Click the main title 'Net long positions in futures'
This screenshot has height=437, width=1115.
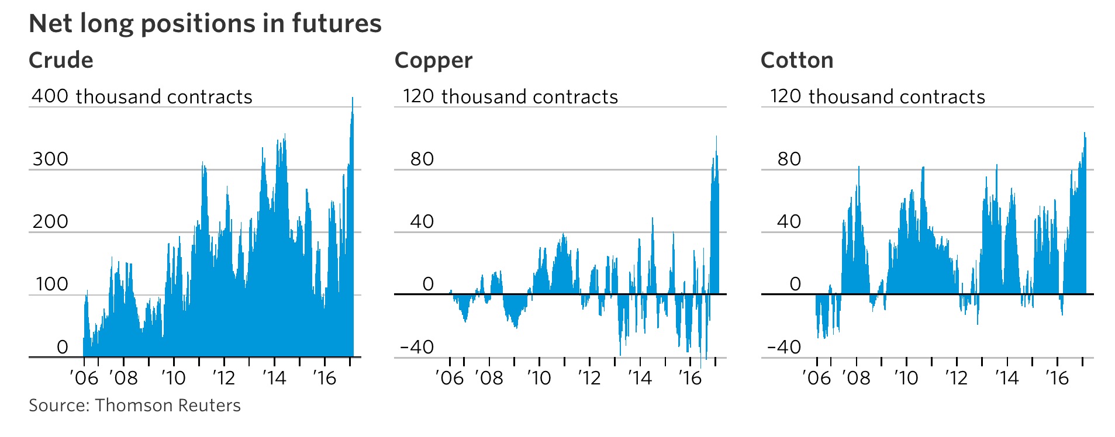(x=205, y=24)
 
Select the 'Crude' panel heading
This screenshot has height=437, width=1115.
(x=61, y=60)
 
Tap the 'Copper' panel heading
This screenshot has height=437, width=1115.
(x=433, y=61)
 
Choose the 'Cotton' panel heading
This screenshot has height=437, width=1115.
(x=796, y=60)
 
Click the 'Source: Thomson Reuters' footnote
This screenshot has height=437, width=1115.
(x=134, y=405)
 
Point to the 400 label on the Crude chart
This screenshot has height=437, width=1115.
(x=50, y=96)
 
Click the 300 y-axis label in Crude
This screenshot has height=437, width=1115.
(x=50, y=159)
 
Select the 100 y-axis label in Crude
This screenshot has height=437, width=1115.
(x=51, y=285)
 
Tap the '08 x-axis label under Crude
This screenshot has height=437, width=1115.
(x=123, y=378)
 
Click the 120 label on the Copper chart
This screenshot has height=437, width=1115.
(x=418, y=96)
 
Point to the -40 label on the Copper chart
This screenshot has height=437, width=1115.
(x=417, y=347)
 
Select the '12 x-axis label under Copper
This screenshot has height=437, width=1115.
(x=589, y=378)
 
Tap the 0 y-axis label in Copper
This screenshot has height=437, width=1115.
(x=428, y=285)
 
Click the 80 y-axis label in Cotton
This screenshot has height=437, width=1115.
(x=789, y=159)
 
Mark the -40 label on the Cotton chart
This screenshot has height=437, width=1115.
(x=784, y=347)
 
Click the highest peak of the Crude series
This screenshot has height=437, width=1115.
(x=353, y=98)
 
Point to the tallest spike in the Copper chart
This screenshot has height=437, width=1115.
(x=716, y=137)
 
